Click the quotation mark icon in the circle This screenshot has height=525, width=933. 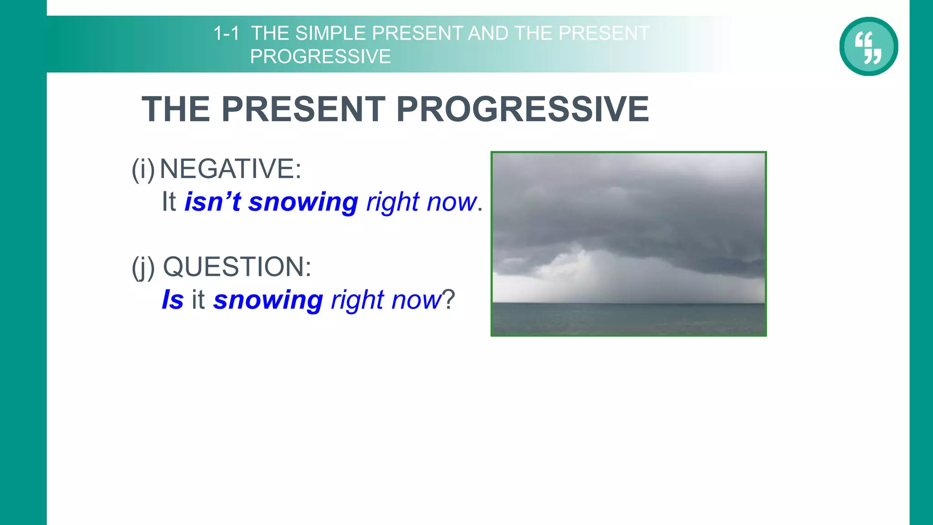(868, 46)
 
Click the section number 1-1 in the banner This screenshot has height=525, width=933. (226, 33)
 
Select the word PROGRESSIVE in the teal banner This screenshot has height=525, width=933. (320, 57)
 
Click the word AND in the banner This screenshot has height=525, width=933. (488, 33)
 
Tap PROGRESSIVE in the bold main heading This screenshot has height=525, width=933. (522, 109)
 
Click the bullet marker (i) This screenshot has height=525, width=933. (143, 169)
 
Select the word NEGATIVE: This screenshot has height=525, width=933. (231, 169)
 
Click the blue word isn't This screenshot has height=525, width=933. (212, 202)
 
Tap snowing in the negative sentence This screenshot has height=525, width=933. (303, 202)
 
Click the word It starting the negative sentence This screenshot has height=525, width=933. (169, 202)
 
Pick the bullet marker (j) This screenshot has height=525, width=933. (143, 268)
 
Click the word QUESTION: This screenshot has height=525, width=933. (237, 267)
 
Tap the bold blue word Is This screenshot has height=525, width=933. (173, 300)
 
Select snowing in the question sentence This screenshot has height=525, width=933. (268, 300)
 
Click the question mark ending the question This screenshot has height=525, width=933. (449, 300)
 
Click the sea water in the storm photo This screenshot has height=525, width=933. (629, 319)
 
